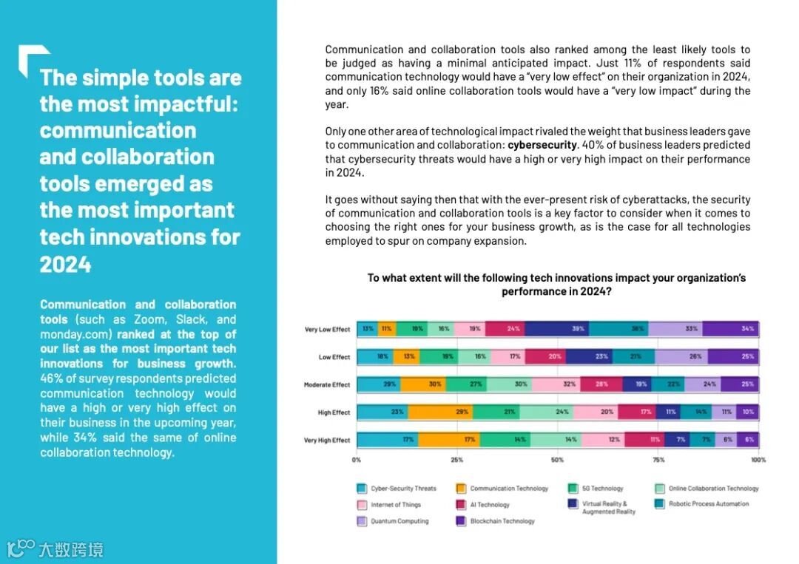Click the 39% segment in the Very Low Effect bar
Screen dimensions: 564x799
577,329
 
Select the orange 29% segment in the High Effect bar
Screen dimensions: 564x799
441,412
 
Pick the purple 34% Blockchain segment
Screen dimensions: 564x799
747,329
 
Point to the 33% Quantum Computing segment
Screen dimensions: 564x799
691,329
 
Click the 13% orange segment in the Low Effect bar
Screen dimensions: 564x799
408,357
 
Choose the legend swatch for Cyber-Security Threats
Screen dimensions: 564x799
362,489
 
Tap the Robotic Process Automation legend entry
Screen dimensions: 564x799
709,504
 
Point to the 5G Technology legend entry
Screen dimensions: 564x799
602,489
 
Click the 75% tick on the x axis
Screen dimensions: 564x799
658,460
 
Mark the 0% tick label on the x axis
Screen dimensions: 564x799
357,460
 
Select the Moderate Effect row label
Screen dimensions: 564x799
327,384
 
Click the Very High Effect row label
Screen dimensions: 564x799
327,441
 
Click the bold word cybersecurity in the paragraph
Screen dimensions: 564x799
542,145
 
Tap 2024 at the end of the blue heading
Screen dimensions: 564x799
65,264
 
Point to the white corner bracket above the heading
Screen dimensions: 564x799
33,58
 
